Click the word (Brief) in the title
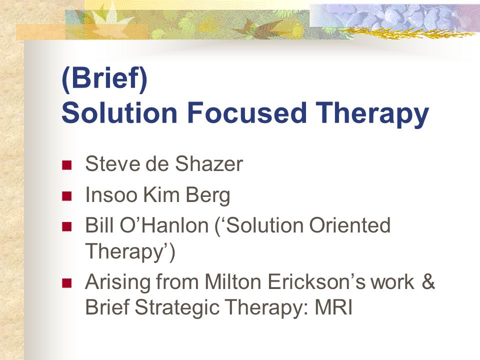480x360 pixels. [104, 79]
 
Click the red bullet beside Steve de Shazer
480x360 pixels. [66, 165]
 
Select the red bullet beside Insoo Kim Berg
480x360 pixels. [66, 196]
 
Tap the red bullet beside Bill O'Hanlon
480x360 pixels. [66, 226]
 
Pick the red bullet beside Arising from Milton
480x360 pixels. [66, 283]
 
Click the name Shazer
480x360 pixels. [209, 164]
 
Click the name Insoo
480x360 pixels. [111, 194]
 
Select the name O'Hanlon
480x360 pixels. [164, 225]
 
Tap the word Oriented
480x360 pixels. [349, 225]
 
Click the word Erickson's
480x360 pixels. [316, 281]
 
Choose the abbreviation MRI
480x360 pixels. [333, 307]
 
